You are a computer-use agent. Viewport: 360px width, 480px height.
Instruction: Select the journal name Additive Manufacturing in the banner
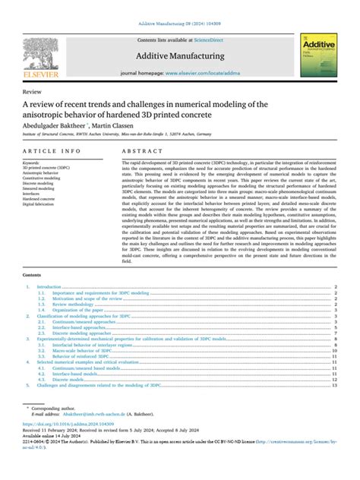179,55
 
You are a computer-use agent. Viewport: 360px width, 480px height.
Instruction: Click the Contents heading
33,254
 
